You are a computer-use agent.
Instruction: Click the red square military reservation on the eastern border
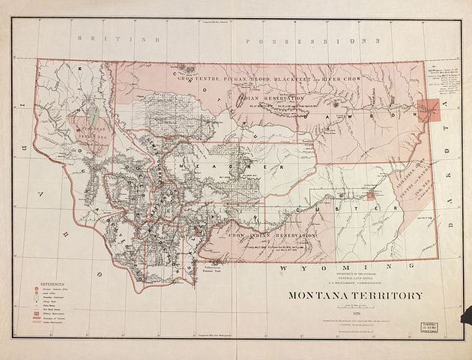pos(431,111)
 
